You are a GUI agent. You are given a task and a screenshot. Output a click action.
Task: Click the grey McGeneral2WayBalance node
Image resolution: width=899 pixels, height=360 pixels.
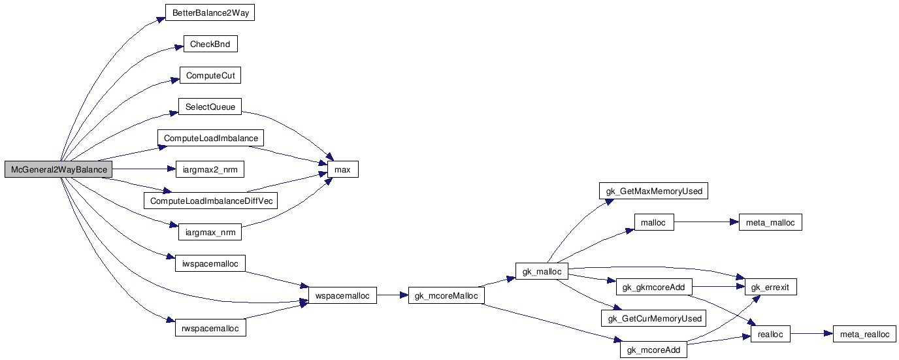[59, 170]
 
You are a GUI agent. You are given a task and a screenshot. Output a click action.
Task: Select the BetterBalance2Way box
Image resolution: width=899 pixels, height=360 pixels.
[210, 13]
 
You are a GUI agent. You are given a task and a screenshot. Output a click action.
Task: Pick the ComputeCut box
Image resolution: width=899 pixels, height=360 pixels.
[210, 76]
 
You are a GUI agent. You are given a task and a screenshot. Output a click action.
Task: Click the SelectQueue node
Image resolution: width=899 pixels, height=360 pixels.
[210, 106]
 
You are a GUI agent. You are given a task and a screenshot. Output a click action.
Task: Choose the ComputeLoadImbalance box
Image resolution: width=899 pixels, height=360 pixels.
[211, 139]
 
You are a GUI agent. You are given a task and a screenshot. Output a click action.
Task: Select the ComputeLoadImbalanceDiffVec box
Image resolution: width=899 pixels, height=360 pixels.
[211, 201]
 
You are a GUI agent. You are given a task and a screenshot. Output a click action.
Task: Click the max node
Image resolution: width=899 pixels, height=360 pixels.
[342, 170]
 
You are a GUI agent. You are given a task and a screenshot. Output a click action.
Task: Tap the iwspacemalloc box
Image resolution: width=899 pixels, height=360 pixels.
[210, 263]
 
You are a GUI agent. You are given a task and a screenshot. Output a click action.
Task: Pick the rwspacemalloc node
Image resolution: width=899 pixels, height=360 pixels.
[210, 327]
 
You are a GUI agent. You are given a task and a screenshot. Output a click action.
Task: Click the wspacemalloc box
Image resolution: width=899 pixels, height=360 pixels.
[342, 296]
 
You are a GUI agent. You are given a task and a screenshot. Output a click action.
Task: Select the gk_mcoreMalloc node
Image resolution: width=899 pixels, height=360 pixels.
[446, 296]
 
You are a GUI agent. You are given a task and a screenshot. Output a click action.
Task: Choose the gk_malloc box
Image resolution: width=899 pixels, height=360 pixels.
[542, 270]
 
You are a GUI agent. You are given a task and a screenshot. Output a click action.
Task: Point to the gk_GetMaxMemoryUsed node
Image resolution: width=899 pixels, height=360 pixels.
[654, 191]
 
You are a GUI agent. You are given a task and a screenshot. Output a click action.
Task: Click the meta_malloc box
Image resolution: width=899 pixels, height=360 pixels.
[770, 223]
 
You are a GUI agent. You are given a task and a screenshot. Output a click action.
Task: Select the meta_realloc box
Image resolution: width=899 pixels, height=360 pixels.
[864, 334]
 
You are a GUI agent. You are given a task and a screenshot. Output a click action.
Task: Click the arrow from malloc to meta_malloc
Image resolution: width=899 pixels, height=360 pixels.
[705, 223]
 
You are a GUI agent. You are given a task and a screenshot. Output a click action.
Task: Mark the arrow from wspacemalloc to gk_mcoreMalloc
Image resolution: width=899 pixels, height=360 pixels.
[392, 296]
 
